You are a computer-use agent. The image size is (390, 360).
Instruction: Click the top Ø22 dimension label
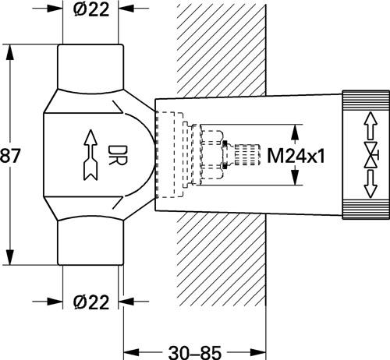coord(91,9)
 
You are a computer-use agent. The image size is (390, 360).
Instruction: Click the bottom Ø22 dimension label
coord(91,302)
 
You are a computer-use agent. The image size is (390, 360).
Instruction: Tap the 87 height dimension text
coord(10,156)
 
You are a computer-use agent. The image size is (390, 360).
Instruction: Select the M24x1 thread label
coord(296,156)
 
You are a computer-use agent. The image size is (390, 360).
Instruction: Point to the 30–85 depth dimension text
coord(195,353)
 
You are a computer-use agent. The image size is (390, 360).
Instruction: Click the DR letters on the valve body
coord(118,155)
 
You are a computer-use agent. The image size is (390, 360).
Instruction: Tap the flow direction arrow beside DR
coord(90,155)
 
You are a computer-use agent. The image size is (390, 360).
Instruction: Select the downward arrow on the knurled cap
coord(370,184)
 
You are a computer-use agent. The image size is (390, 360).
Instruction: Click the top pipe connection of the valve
coord(90,68)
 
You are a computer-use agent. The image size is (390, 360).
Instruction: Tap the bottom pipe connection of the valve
coord(90,243)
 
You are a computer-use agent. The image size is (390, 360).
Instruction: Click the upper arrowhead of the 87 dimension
coord(10,53)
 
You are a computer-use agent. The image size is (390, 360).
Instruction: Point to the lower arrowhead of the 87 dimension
coord(10,257)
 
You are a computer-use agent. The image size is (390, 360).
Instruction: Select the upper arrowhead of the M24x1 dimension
coord(295,132)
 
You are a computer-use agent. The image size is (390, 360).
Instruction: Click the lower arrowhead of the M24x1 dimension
coord(295,177)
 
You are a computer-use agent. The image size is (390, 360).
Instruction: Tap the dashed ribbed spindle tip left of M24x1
coord(247,155)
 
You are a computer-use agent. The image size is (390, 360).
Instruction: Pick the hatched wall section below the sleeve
coord(222,259)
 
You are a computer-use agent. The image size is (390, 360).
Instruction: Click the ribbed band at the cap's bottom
coord(366,210)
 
